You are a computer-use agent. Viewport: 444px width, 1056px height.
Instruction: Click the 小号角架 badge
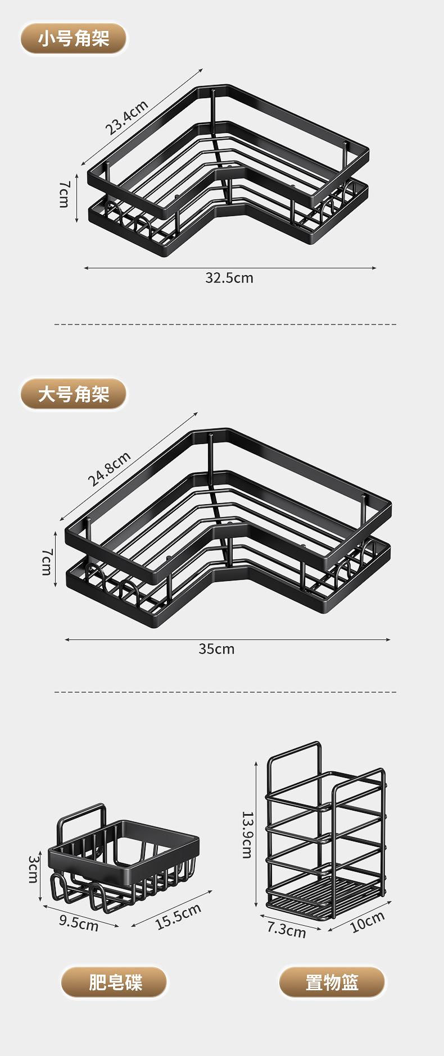coord(74,39)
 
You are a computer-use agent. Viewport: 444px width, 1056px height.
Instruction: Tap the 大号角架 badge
coord(74,394)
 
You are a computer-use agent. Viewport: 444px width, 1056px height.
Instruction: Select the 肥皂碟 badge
coord(115,982)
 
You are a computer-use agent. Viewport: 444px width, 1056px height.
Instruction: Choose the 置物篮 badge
coord(332,982)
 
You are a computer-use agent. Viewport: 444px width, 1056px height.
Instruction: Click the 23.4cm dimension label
coord(127,117)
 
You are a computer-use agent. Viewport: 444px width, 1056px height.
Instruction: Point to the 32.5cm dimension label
coord(229,278)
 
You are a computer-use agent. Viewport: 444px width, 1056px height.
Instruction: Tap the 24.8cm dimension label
coord(109,469)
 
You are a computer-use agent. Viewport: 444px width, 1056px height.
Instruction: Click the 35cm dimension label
coord(216,649)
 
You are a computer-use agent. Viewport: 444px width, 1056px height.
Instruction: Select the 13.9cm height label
coord(247,835)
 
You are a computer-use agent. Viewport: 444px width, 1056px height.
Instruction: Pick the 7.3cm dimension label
coord(287,930)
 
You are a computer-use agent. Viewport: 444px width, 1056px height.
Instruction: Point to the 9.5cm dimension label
coord(79,922)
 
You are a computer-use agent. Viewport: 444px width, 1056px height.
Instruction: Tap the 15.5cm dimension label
coord(178,917)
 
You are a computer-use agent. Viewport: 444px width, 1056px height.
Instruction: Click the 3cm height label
coord(34,868)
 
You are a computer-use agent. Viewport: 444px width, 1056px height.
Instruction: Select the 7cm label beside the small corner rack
coord(64,194)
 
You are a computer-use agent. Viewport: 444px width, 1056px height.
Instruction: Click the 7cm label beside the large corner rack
coord(47,562)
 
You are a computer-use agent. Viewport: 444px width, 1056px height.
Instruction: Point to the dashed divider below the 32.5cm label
coord(225,324)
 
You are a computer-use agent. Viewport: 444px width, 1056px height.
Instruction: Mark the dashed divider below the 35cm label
coord(225,692)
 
